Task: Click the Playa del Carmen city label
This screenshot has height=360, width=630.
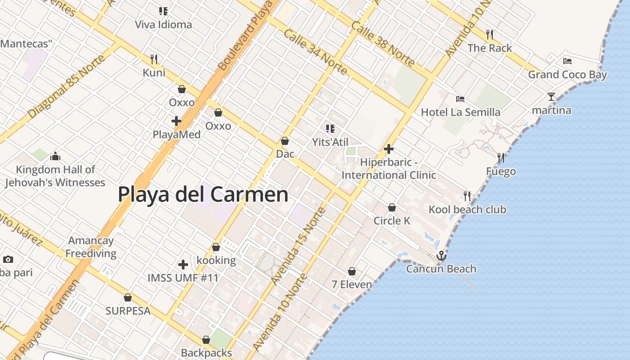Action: point(203,194)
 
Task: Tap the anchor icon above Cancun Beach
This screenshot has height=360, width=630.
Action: point(441,256)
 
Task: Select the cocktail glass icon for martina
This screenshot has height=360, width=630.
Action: point(551,96)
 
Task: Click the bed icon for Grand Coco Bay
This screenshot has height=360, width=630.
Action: point(567,61)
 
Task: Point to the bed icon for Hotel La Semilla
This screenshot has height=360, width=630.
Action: point(460,99)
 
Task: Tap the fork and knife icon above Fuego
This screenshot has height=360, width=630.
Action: point(501,157)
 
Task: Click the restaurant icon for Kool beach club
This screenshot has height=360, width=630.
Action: point(467,196)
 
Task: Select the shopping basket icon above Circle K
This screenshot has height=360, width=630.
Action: point(392,207)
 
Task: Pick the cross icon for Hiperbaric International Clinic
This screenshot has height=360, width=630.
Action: point(389,149)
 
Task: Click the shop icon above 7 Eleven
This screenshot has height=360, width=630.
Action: point(352,271)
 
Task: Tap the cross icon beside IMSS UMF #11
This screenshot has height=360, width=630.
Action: point(183,265)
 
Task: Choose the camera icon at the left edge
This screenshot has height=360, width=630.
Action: point(8,259)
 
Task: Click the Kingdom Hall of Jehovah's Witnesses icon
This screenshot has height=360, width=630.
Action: point(55,156)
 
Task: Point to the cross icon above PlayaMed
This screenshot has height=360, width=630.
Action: point(176,121)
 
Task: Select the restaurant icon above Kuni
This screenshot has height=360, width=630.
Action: point(154,59)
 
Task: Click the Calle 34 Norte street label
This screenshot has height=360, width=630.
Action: point(315,52)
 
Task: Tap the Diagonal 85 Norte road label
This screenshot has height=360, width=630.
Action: point(67,87)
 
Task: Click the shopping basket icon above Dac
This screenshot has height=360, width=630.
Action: point(285,141)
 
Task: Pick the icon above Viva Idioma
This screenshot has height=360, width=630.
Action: point(163,11)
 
